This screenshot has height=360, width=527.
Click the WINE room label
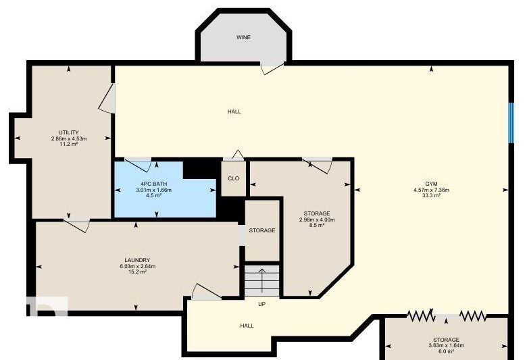pyautogui.click(x=243, y=37)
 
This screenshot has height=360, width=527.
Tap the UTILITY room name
pyautogui.click(x=69, y=132)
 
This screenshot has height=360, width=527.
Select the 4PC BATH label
pyautogui.click(x=153, y=184)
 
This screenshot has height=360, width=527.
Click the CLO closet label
pyautogui.click(x=234, y=178)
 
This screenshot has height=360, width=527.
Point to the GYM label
pyautogui.click(x=431, y=184)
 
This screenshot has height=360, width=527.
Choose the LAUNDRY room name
pyautogui.click(x=137, y=260)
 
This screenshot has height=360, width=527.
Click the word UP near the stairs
pyautogui.click(x=262, y=304)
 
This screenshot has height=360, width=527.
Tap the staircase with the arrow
pyautogui.click(x=262, y=280)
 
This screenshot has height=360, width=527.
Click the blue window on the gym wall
pyautogui.click(x=511, y=123)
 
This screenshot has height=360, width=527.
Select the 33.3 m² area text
pyautogui.click(x=431, y=195)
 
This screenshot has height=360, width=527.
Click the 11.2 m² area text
pyautogui.click(x=69, y=144)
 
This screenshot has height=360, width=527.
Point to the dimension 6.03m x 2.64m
pyautogui.click(x=137, y=266)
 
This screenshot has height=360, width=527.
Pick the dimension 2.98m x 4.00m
pyautogui.click(x=317, y=220)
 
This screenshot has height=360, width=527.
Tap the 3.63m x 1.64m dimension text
pyautogui.click(x=447, y=346)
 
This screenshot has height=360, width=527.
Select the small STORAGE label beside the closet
pyautogui.click(x=262, y=230)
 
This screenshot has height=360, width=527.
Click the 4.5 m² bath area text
pyautogui.click(x=153, y=195)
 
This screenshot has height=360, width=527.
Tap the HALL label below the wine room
pyautogui.click(x=234, y=111)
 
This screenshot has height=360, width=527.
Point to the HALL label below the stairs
pyautogui.click(x=247, y=326)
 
